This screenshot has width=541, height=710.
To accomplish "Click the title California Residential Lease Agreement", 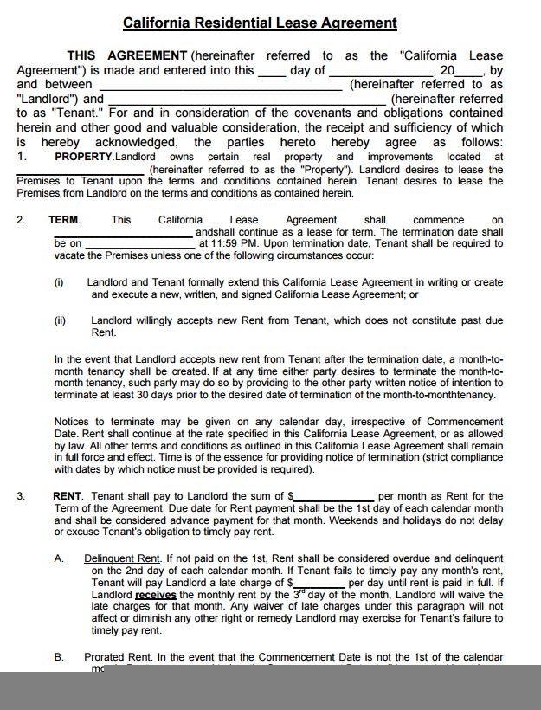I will (x=260, y=23).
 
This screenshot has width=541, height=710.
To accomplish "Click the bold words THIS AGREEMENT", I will (x=126, y=55).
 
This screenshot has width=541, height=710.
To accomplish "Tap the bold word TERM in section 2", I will (x=64, y=220).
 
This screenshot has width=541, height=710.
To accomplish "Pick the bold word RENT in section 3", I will (x=68, y=496).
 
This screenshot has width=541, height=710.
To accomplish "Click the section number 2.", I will (x=21, y=220).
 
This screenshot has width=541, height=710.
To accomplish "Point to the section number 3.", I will (x=21, y=496).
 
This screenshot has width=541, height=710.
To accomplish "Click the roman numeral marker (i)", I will (x=59, y=282).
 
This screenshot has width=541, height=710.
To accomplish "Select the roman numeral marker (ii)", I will (x=60, y=320).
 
